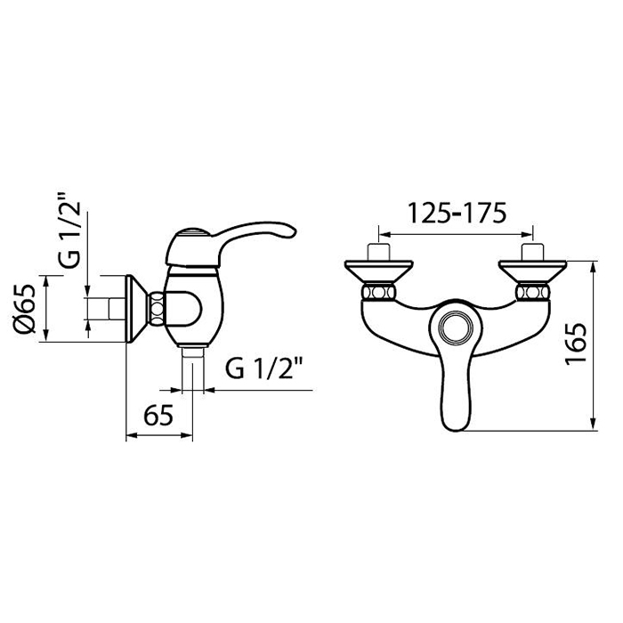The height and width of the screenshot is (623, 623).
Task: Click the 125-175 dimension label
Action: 457,213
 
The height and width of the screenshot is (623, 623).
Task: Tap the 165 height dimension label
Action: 576,344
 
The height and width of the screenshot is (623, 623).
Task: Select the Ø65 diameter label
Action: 24,309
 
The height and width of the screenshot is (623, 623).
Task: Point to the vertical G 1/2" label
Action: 69,230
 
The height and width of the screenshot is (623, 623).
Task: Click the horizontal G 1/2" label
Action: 264,368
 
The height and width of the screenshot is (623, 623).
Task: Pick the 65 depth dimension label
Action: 158,416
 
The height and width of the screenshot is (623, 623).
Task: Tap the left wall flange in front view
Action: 378,271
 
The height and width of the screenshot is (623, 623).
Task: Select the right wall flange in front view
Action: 532,271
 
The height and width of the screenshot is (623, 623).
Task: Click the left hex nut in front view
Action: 378,293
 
